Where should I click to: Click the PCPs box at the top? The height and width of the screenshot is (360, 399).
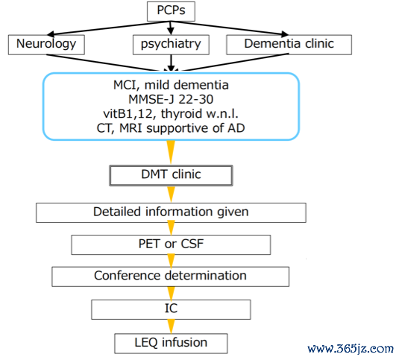[x=171, y=11]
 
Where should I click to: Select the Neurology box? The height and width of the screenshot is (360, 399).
[x=46, y=45]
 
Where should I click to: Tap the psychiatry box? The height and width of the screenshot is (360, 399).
[x=171, y=45]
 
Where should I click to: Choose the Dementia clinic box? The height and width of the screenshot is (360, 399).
[x=289, y=45]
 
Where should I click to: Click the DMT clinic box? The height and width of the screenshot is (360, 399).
[x=171, y=175]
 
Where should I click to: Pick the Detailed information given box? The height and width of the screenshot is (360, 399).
[x=171, y=213]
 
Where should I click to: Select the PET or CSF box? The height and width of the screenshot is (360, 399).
[x=171, y=244]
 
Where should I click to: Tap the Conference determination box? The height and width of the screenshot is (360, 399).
[x=171, y=277]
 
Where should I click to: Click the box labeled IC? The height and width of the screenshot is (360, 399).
[x=171, y=309]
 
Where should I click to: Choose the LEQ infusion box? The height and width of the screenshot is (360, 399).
[x=171, y=344]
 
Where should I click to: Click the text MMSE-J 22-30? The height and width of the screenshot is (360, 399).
[x=171, y=99]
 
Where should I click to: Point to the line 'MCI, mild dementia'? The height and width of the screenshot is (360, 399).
[x=171, y=85]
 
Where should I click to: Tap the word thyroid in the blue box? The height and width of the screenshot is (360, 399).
[x=181, y=113]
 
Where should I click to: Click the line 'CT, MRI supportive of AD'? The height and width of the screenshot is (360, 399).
[x=171, y=128]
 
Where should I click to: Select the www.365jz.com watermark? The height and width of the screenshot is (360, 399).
[x=351, y=348]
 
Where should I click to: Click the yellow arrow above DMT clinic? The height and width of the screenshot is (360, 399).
[x=171, y=152]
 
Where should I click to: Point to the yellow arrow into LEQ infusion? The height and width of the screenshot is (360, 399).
[x=171, y=326]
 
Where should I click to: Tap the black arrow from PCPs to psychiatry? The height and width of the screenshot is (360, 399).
[x=171, y=28]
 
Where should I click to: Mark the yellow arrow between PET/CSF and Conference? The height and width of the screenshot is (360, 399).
[x=171, y=261]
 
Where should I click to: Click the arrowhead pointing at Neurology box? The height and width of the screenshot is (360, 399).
[x=51, y=34]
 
